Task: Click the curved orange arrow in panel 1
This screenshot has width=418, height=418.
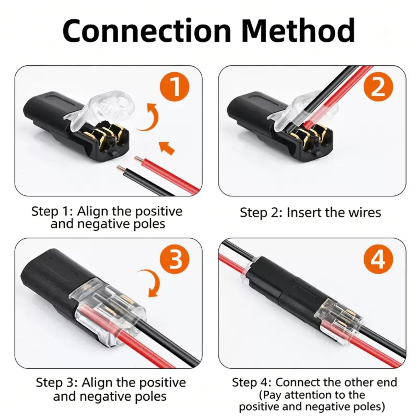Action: click(154, 119)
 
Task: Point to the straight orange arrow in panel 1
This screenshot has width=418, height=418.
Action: click(167, 148)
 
